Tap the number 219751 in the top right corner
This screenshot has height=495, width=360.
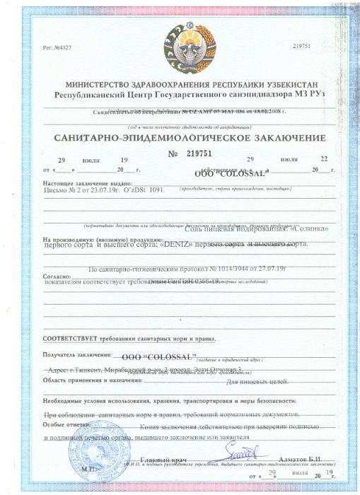302,45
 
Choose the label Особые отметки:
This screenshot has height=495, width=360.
66,424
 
